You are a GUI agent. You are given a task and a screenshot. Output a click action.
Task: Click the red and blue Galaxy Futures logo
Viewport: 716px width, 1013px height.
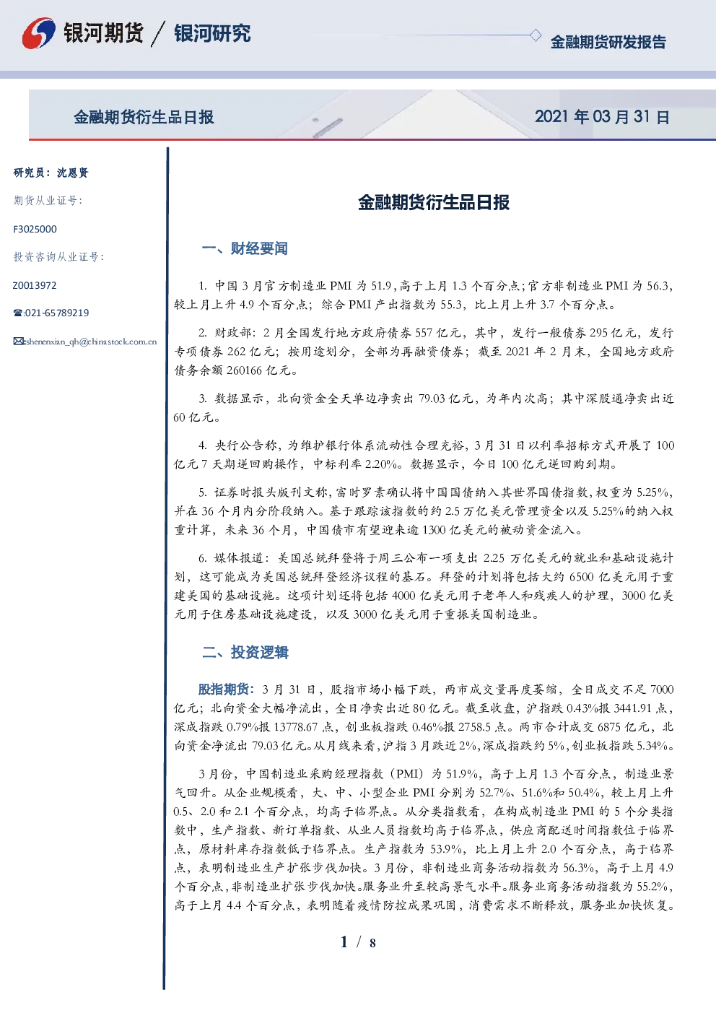click(x=38, y=32)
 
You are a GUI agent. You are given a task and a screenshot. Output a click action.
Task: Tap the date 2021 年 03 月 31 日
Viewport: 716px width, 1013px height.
click(x=602, y=117)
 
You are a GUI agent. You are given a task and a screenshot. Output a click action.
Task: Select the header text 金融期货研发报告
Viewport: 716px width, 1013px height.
click(x=608, y=42)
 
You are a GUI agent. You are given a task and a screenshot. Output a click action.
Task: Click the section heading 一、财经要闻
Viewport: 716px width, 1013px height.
click(x=245, y=248)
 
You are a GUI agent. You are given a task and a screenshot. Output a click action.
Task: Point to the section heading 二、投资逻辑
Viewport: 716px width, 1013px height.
click(x=245, y=652)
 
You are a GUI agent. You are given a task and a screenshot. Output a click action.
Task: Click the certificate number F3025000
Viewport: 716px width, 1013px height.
click(x=35, y=230)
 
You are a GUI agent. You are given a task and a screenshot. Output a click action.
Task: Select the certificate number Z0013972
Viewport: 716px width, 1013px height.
click(x=35, y=285)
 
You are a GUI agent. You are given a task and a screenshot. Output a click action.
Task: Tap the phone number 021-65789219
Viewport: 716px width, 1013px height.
click(x=57, y=313)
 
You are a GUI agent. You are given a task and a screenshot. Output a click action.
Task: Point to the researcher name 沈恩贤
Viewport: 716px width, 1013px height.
click(x=72, y=173)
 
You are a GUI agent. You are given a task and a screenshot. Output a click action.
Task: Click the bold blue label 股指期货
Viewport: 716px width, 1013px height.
click(x=223, y=690)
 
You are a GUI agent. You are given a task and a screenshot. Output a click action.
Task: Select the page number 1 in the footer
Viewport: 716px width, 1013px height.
click(x=344, y=942)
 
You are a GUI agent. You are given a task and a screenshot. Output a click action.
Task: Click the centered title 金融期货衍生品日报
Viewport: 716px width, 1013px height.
click(x=434, y=202)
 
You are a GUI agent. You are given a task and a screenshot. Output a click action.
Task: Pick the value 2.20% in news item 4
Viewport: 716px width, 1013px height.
click(x=383, y=464)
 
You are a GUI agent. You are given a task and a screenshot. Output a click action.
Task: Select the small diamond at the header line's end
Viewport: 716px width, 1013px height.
click(x=535, y=35)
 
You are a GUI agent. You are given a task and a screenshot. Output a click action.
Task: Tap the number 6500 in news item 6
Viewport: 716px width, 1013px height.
click(x=582, y=577)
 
